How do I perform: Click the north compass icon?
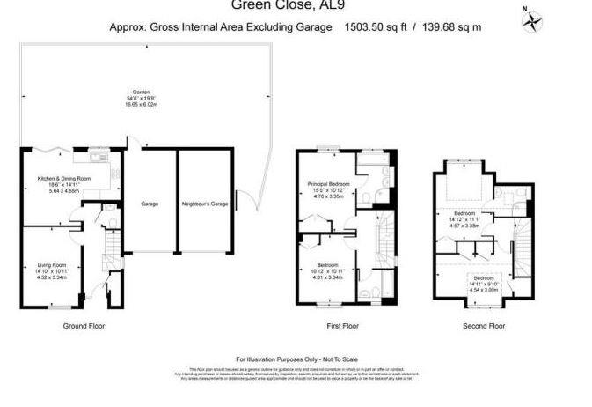tap(530, 21)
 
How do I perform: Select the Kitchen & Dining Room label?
tap(63, 179)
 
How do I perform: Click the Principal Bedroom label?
tap(326, 184)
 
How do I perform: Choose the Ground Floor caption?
tap(84, 325)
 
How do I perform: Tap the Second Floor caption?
tap(484, 325)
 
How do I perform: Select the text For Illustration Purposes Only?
tap(296, 359)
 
